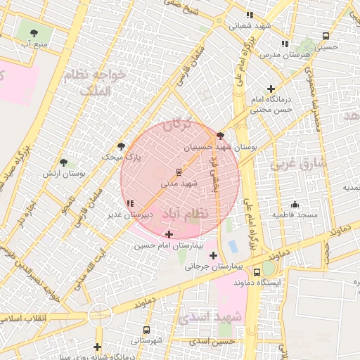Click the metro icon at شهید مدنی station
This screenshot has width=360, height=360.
[179, 172]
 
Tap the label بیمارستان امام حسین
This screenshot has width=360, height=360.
[164, 245]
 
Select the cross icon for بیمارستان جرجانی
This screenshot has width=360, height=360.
[213, 255]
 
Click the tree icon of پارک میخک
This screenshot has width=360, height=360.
[122, 146]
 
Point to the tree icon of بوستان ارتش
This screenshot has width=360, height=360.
[64, 162]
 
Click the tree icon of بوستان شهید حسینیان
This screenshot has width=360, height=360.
[221, 136]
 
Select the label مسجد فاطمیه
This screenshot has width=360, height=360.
[295, 214]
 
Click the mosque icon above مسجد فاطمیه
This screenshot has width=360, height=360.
[295, 204]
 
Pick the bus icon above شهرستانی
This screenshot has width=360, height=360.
[146, 330]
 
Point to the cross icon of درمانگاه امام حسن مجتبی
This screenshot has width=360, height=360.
[271, 89]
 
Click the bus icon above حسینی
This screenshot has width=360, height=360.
[326, 37]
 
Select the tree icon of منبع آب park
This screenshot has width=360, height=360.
[34, 32]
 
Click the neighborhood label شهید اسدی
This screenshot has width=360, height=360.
[211, 318]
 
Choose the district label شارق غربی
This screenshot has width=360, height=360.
[295, 164]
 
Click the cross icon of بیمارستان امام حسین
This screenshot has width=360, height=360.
[169, 233]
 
